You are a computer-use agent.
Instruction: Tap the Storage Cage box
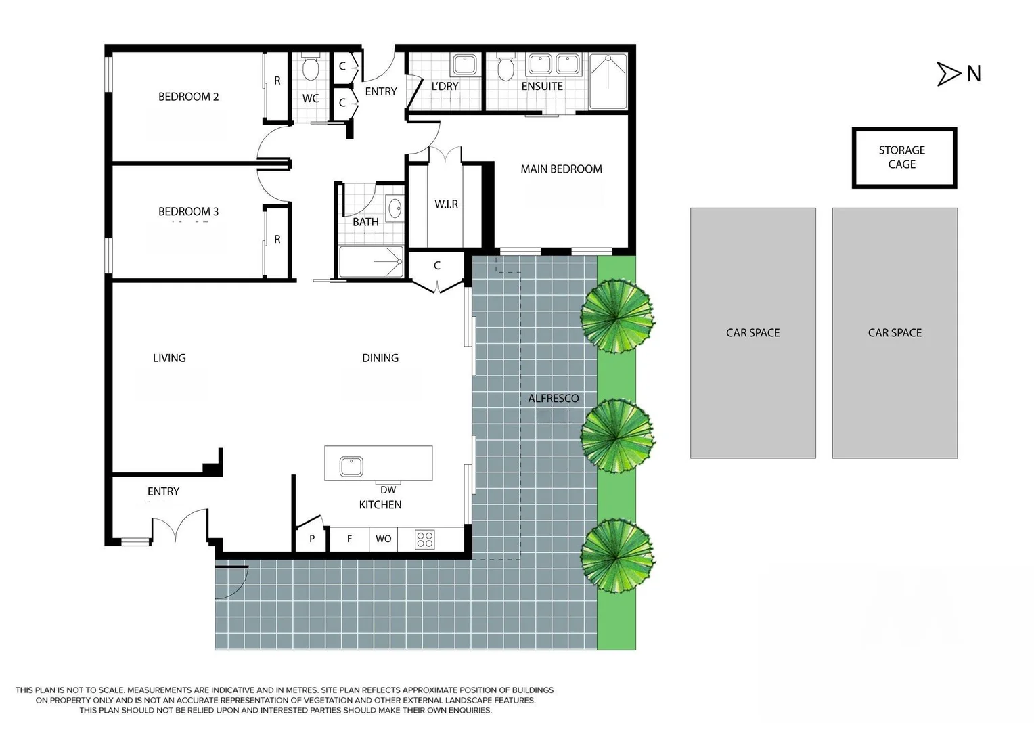[903, 157]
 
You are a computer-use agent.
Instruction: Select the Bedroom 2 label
[188, 97]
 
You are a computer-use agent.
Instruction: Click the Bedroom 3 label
[188, 212]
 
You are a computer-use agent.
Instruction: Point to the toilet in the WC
[311, 68]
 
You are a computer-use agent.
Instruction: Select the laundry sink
[464, 65]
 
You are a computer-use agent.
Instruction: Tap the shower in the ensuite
[608, 81]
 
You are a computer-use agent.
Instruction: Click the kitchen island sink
[351, 466]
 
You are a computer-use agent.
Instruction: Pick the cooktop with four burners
[425, 539]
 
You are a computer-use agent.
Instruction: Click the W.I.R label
[446, 204]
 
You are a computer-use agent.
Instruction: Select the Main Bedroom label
[561, 169]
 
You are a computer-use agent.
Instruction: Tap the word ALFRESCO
[553, 399]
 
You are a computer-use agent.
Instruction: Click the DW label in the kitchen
[388, 490]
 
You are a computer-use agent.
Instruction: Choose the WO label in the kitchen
[383, 539]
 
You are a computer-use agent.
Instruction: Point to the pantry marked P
[312, 539]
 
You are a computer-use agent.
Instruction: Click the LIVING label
[169, 358]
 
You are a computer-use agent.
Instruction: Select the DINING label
[380, 358]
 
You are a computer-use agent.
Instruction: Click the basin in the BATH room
[394, 208]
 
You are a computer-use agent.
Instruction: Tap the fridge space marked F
[349, 539]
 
